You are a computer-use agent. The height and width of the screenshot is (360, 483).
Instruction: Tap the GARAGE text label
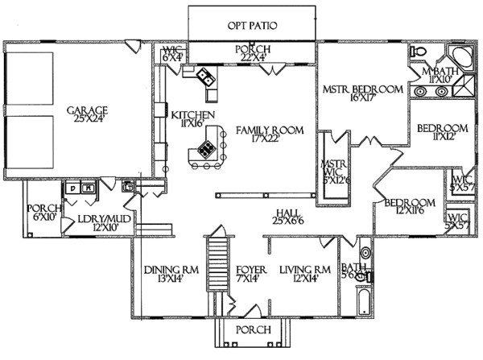(88, 110)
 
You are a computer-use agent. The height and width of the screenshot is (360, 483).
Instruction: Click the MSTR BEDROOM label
(361, 89)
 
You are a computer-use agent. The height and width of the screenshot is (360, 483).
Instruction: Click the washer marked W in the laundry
(88, 188)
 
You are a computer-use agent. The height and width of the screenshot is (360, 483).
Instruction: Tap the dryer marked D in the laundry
(72, 188)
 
